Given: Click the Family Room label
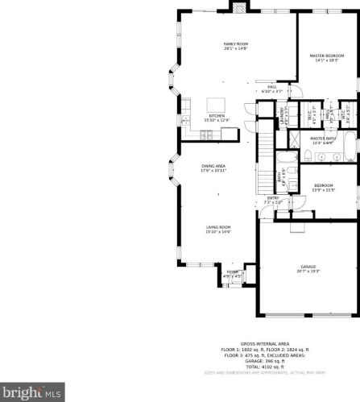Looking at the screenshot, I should [236, 46].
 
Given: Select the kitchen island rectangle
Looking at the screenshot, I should [217, 104].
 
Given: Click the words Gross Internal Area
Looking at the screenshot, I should [259, 343].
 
